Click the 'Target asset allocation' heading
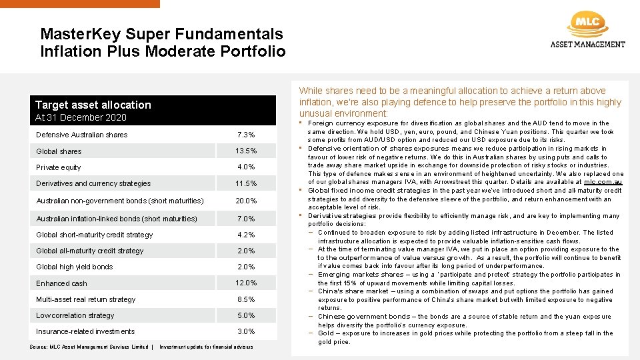point(93,105)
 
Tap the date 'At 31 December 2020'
point(81,117)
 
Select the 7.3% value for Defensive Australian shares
point(246,135)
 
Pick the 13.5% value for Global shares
point(246,151)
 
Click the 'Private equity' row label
point(59,167)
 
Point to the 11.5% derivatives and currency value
point(246,184)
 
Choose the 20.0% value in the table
point(246,201)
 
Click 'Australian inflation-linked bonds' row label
point(117,219)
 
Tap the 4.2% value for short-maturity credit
point(246,235)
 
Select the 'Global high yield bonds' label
point(75,267)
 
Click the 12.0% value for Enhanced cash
point(246,283)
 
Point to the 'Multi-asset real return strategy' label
point(86,299)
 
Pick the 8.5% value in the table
point(246,299)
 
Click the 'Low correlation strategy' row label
point(75,315)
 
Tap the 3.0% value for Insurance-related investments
point(246,331)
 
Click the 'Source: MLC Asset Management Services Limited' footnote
point(89,347)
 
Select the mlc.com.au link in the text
point(603,182)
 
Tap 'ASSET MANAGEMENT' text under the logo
point(587,45)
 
